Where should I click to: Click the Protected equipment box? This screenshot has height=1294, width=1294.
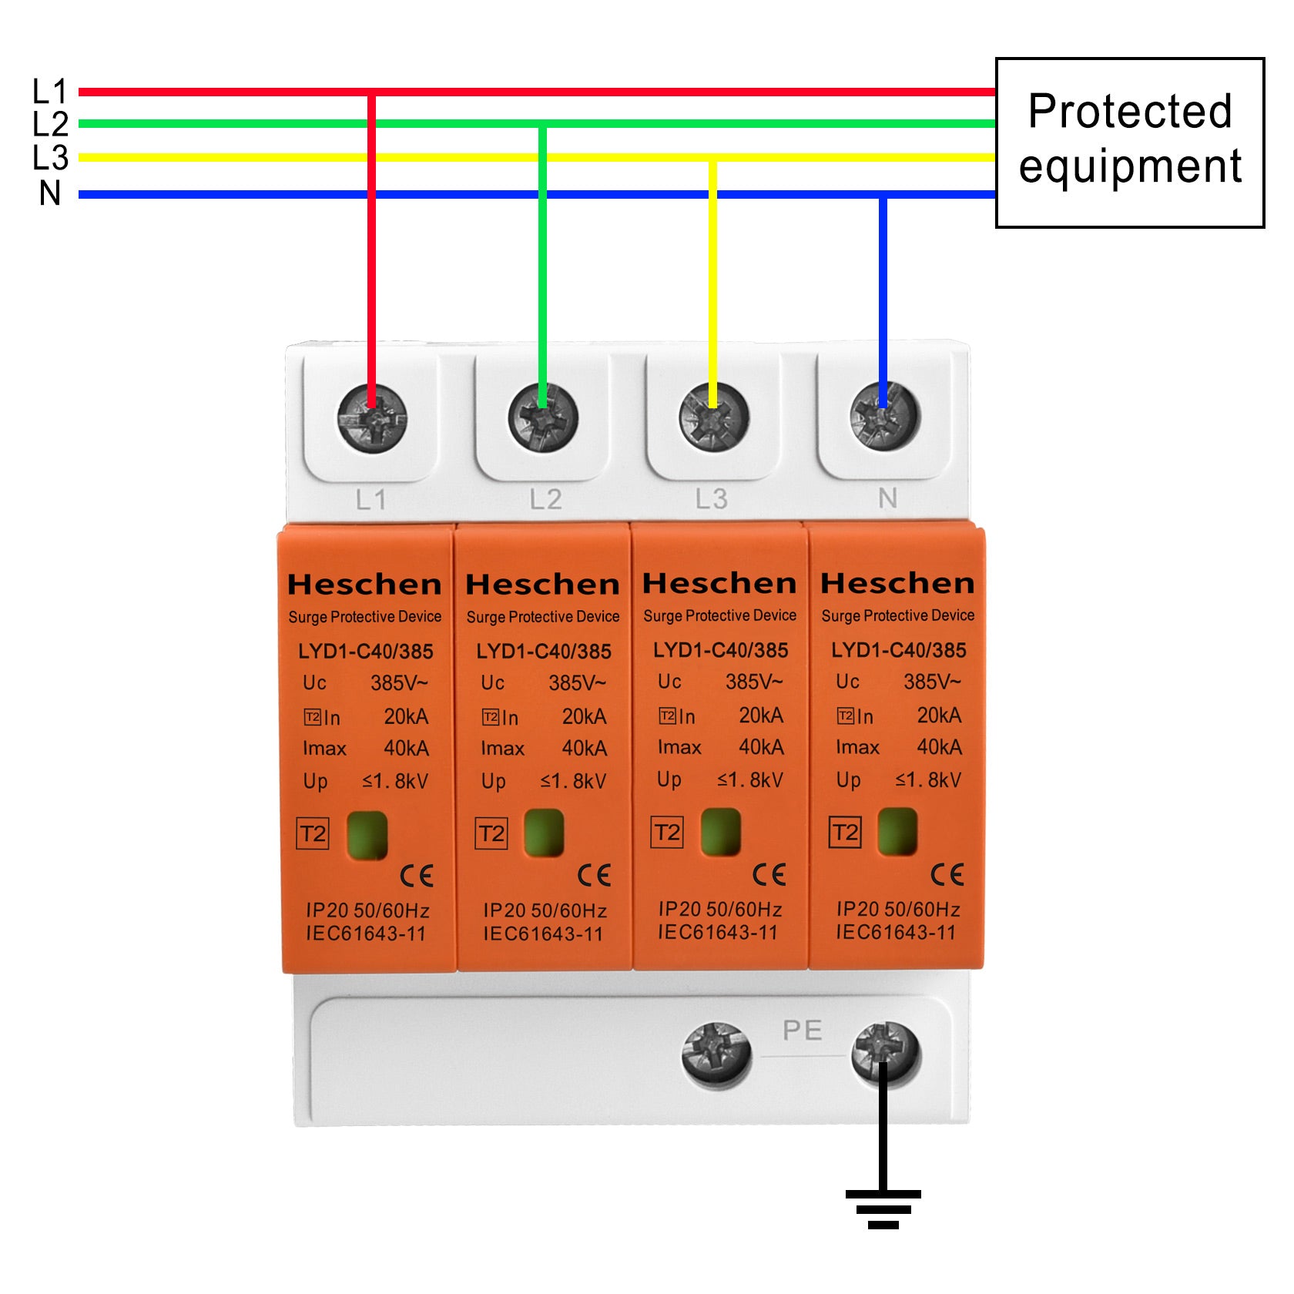pos(1129,142)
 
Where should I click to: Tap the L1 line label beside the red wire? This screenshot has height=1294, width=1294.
pos(49,92)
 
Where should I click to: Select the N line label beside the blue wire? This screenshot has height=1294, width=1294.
pos(50,193)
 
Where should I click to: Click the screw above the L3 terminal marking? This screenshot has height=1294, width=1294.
pos(713,418)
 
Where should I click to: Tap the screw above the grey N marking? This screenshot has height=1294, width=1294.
pos(884,417)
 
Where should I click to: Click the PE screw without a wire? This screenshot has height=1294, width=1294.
pos(716,1054)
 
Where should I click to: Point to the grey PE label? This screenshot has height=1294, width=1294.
pos(802,1031)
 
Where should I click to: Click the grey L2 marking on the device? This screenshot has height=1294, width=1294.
pos(545,500)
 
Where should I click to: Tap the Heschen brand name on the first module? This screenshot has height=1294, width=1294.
pos(364,585)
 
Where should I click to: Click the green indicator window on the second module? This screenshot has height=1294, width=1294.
pos(544,833)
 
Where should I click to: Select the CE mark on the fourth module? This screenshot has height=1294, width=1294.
pos(947,874)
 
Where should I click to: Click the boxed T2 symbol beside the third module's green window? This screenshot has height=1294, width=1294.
pos(667,832)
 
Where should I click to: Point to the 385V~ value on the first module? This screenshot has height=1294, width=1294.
pos(399,683)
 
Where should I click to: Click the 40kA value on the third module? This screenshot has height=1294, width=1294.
pos(761,747)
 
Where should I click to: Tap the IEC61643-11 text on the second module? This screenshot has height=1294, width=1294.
pos(543,934)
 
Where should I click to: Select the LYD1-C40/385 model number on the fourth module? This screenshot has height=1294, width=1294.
pos(898,650)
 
